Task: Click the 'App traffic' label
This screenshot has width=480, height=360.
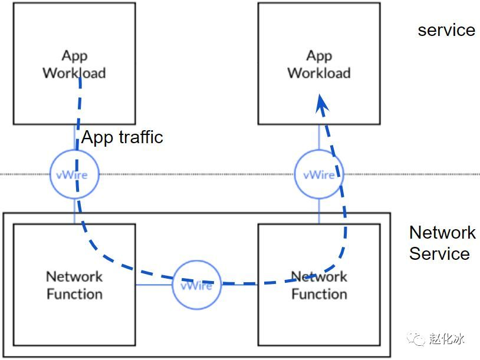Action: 122,137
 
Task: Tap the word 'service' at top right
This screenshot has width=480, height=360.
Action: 446,30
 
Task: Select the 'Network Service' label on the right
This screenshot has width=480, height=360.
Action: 442,243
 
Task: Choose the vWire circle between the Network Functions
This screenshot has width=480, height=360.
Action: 196,261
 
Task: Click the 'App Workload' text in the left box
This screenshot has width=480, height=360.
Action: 74,65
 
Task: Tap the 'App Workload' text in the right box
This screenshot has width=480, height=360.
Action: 319,65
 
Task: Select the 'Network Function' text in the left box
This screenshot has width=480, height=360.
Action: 74,285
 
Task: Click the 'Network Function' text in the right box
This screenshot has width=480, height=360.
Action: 319,285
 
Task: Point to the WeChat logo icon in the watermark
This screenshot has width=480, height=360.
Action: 416,339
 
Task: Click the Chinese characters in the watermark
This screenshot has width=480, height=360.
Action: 446,338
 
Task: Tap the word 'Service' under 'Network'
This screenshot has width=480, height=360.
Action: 439,253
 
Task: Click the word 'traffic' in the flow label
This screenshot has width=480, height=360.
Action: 141,137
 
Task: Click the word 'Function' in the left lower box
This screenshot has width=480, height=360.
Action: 74,294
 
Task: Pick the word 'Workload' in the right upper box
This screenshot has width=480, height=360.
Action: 319,73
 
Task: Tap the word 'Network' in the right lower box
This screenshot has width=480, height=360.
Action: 319,276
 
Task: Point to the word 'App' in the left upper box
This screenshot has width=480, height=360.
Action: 75,57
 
